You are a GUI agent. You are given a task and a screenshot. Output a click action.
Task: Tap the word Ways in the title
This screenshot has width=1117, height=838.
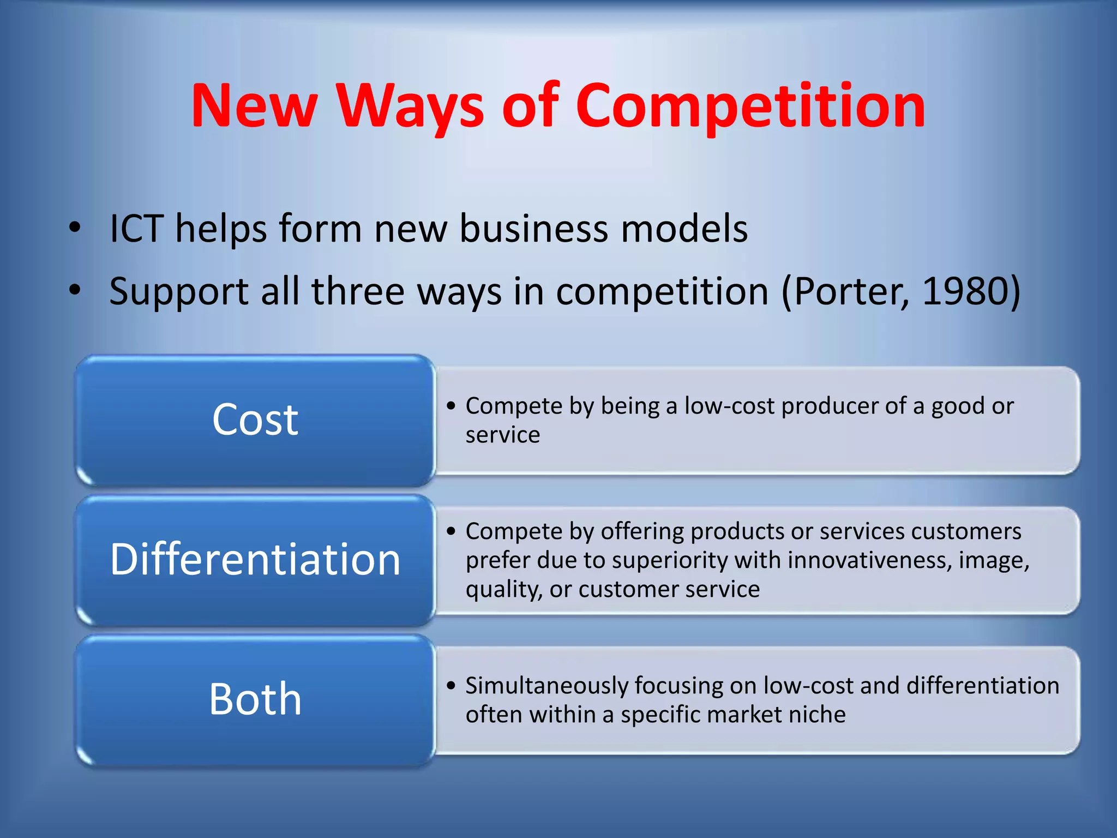[410, 106]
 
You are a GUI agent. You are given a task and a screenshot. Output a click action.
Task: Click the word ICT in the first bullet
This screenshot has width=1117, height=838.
[136, 229]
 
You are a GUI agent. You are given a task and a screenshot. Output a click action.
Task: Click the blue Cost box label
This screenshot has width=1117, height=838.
[255, 420]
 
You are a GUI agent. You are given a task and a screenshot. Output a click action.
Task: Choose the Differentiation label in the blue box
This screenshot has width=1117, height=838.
[255, 560]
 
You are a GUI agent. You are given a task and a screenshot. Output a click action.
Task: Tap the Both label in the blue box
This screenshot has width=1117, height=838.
[255, 699]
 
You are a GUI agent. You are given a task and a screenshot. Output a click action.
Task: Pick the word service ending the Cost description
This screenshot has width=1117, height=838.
[502, 435]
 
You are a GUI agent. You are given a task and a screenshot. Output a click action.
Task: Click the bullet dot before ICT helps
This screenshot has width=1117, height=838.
[75, 228]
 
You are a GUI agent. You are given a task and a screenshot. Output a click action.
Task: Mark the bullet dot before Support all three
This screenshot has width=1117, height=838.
[75, 290]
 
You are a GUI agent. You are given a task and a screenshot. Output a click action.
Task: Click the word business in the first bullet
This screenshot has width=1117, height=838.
[533, 229]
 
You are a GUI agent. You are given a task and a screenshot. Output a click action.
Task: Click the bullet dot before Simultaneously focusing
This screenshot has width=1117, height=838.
[451, 686]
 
